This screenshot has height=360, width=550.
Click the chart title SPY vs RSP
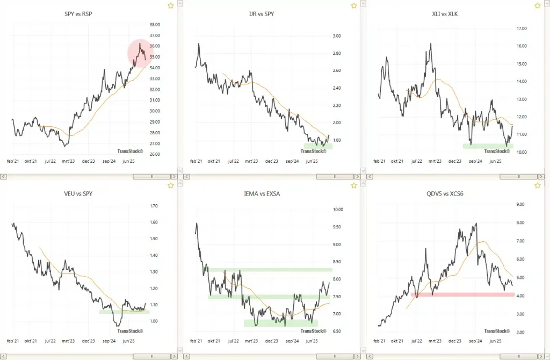[78, 13]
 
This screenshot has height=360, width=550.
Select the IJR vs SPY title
[262, 13]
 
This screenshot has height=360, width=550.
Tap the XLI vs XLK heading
[445, 13]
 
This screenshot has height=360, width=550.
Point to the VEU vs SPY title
[78, 193]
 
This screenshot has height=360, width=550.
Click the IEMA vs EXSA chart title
[262, 193]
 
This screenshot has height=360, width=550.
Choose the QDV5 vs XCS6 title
[445, 193]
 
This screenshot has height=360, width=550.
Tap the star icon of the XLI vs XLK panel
[537, 6]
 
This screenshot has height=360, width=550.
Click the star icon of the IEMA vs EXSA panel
[354, 186]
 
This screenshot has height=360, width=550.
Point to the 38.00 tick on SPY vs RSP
[156, 25]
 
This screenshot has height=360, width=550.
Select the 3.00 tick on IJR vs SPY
[337, 36]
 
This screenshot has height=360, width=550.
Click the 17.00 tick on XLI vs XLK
[520, 28]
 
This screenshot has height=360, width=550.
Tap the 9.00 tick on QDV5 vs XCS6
[520, 205]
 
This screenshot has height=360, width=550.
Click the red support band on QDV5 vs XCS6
[462, 294]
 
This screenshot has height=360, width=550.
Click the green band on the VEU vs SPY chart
[124, 312]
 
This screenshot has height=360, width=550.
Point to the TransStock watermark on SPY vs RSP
[131, 152]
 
